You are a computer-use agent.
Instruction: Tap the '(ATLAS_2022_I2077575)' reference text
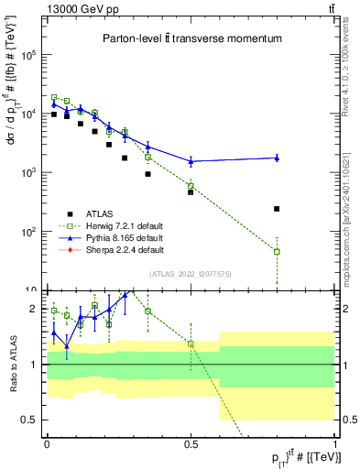point(191,273)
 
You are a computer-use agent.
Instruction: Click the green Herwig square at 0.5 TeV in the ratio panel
point(191,344)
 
